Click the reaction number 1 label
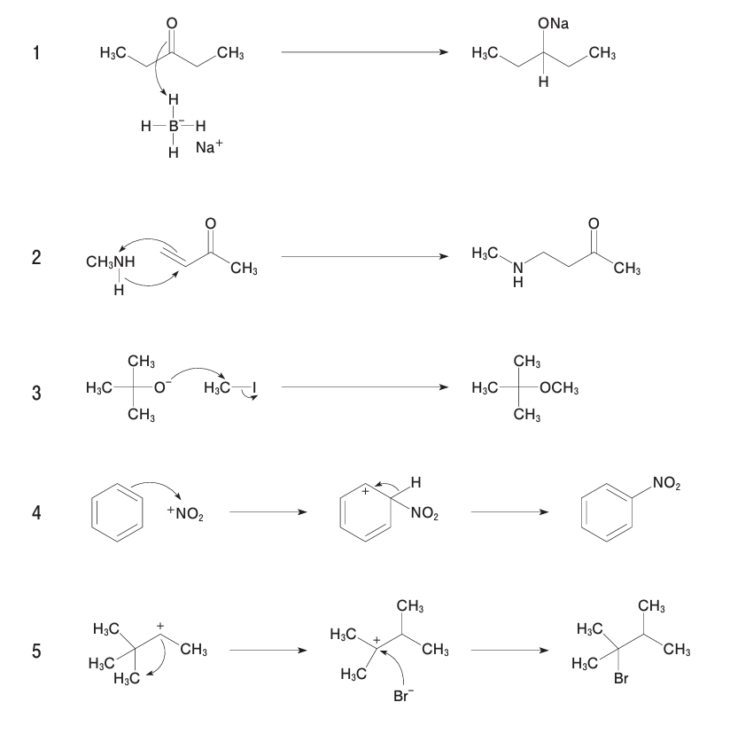pyautogui.click(x=36, y=53)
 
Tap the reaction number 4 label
pyautogui.click(x=36, y=513)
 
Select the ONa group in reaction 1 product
pyautogui.click(x=553, y=24)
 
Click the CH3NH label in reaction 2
pyautogui.click(x=111, y=262)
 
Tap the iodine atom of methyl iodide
pyautogui.click(x=254, y=387)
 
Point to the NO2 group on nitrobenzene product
pyautogui.click(x=666, y=483)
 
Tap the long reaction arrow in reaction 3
pyautogui.click(x=363, y=387)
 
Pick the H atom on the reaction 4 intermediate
pyautogui.click(x=416, y=482)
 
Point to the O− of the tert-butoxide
pyautogui.click(x=163, y=386)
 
